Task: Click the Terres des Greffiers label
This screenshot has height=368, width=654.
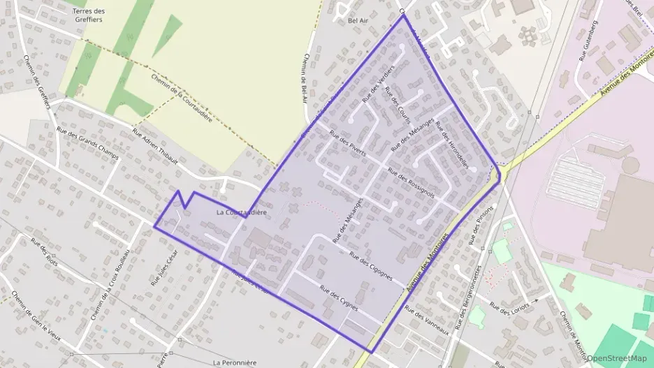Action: pyautogui.click(x=88, y=15)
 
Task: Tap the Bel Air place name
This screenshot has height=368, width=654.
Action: pyautogui.click(x=357, y=20)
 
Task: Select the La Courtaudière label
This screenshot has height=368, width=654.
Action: pyautogui.click(x=241, y=212)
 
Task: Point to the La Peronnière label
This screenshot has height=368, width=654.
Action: pyautogui.click(x=235, y=362)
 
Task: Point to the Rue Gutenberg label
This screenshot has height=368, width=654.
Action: pyautogui.click(x=588, y=46)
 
